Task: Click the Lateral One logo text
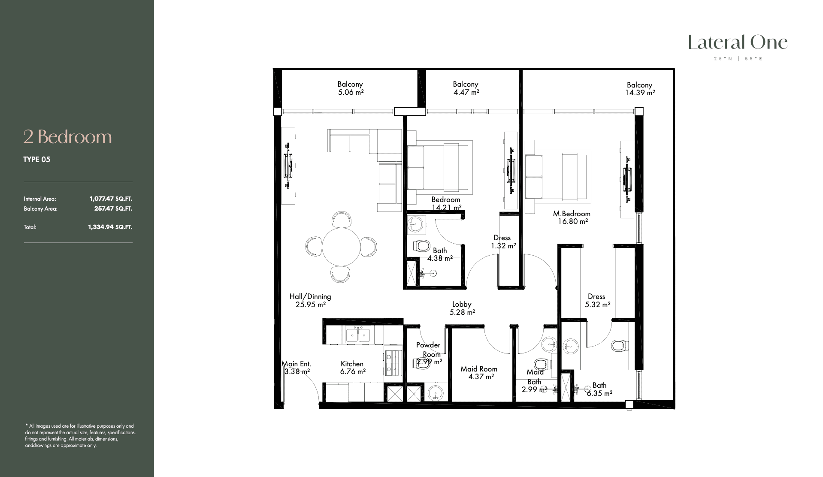(x=738, y=42)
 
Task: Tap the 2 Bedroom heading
(x=67, y=137)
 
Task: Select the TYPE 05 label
(x=36, y=160)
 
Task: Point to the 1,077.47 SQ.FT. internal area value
(x=111, y=199)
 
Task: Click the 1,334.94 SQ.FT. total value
(x=110, y=227)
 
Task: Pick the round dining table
(x=342, y=247)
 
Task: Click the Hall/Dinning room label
(x=310, y=296)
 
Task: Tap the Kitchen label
(x=352, y=364)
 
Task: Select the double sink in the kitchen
(x=358, y=335)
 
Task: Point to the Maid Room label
(x=479, y=369)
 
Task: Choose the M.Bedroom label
(x=572, y=214)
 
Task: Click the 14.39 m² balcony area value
(x=640, y=93)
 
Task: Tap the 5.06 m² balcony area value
(x=351, y=92)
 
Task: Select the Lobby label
(x=462, y=305)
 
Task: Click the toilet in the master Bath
(x=619, y=345)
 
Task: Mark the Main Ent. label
(x=296, y=364)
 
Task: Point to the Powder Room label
(x=429, y=350)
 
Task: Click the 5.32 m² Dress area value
(x=598, y=305)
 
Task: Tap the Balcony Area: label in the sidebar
(x=41, y=209)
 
